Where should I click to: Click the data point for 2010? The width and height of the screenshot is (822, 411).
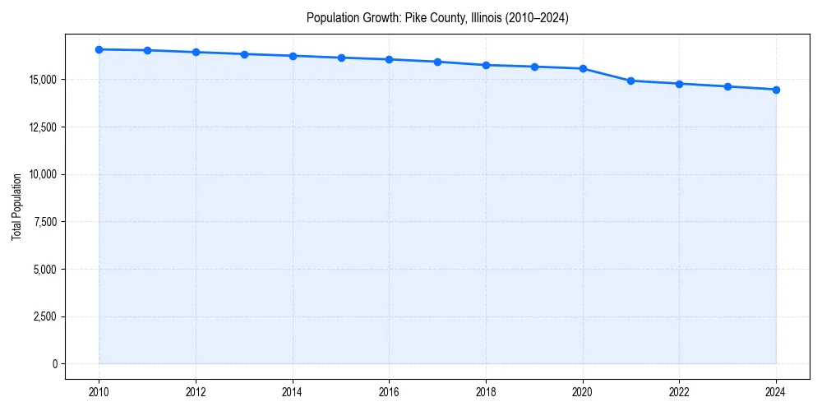point(99,49)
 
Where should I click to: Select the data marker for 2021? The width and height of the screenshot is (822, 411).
point(630,81)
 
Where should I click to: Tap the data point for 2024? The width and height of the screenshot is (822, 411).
point(776,90)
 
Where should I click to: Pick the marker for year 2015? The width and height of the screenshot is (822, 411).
point(341,58)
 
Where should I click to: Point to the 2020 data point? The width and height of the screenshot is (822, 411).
point(583,68)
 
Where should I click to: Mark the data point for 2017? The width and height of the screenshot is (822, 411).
point(437,62)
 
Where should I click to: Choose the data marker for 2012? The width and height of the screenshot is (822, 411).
point(196,52)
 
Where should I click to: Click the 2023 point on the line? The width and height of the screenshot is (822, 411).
point(727,86)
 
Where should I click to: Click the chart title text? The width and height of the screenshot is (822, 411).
point(436,17)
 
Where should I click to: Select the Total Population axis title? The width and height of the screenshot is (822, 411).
point(16,206)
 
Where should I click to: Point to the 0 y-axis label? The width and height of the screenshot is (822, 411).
point(54,364)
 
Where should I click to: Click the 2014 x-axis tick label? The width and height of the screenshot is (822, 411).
point(293,392)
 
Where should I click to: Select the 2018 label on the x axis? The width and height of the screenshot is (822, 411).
point(486,392)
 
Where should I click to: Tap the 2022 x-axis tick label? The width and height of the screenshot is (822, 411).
point(679,392)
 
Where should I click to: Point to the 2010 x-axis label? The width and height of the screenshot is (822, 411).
point(99,392)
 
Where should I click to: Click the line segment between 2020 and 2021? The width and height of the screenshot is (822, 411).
point(607,75)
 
